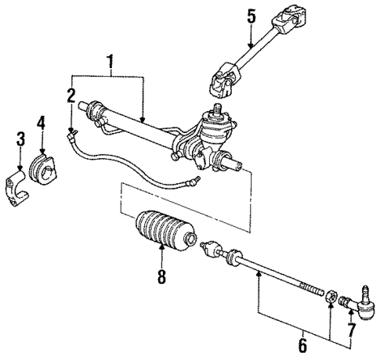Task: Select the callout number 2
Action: tap(71, 97)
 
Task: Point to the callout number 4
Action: tap(42, 122)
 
